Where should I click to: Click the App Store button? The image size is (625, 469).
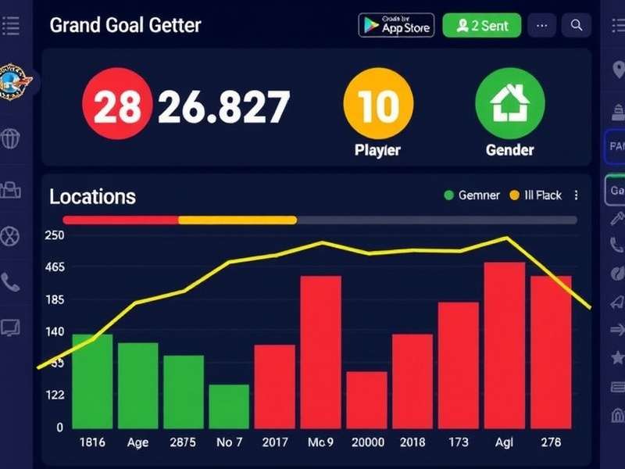pos(395,25)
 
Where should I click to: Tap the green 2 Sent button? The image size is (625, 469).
pos(482,25)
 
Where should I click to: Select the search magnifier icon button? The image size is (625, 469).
pos(577,25)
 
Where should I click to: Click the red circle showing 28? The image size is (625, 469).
pos(116,107)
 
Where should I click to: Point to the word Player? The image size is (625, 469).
pos(378,149)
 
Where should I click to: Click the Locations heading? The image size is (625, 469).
pos(92,196)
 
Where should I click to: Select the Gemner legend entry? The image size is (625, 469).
pos(471,195)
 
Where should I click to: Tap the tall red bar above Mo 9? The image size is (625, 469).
pos(320,351)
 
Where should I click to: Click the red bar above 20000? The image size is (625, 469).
pos(366,399)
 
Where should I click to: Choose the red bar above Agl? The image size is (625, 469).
pos(504,345)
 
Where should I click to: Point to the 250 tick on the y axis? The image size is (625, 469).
pos(54,235)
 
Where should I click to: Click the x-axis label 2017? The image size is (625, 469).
pos(274,442)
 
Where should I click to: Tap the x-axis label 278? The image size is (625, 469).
pos(551,442)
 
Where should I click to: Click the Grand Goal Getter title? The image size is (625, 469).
pos(125,25)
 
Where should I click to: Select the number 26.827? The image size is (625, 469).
pos(224,107)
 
